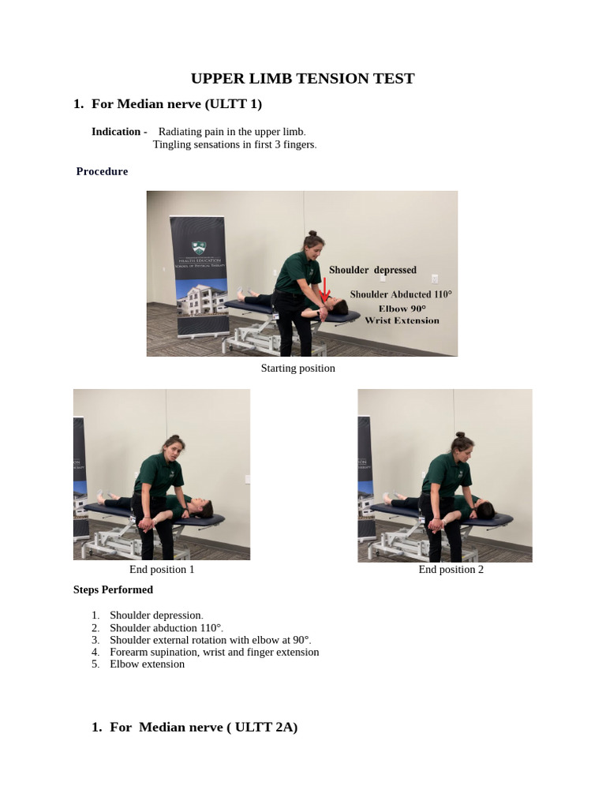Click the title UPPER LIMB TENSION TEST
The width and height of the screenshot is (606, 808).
[302, 78]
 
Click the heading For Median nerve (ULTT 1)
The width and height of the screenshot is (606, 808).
[177, 104]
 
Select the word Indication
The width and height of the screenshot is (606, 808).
[117, 132]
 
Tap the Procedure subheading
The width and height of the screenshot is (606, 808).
[102, 171]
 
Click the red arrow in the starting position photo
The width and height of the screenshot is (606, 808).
[325, 290]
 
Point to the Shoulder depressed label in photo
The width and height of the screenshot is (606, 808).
[372, 270]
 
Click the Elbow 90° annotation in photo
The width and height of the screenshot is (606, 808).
[402, 308]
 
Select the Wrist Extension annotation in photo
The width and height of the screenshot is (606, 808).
[402, 320]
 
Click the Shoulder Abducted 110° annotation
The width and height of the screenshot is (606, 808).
[401, 294]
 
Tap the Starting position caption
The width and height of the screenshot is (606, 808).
[297, 368]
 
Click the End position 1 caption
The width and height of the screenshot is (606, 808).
[162, 570]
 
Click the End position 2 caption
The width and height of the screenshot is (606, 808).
[451, 570]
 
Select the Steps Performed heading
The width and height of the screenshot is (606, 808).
[113, 589]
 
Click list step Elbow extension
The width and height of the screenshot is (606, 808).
[147, 664]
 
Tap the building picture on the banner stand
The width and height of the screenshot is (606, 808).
[199, 301]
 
